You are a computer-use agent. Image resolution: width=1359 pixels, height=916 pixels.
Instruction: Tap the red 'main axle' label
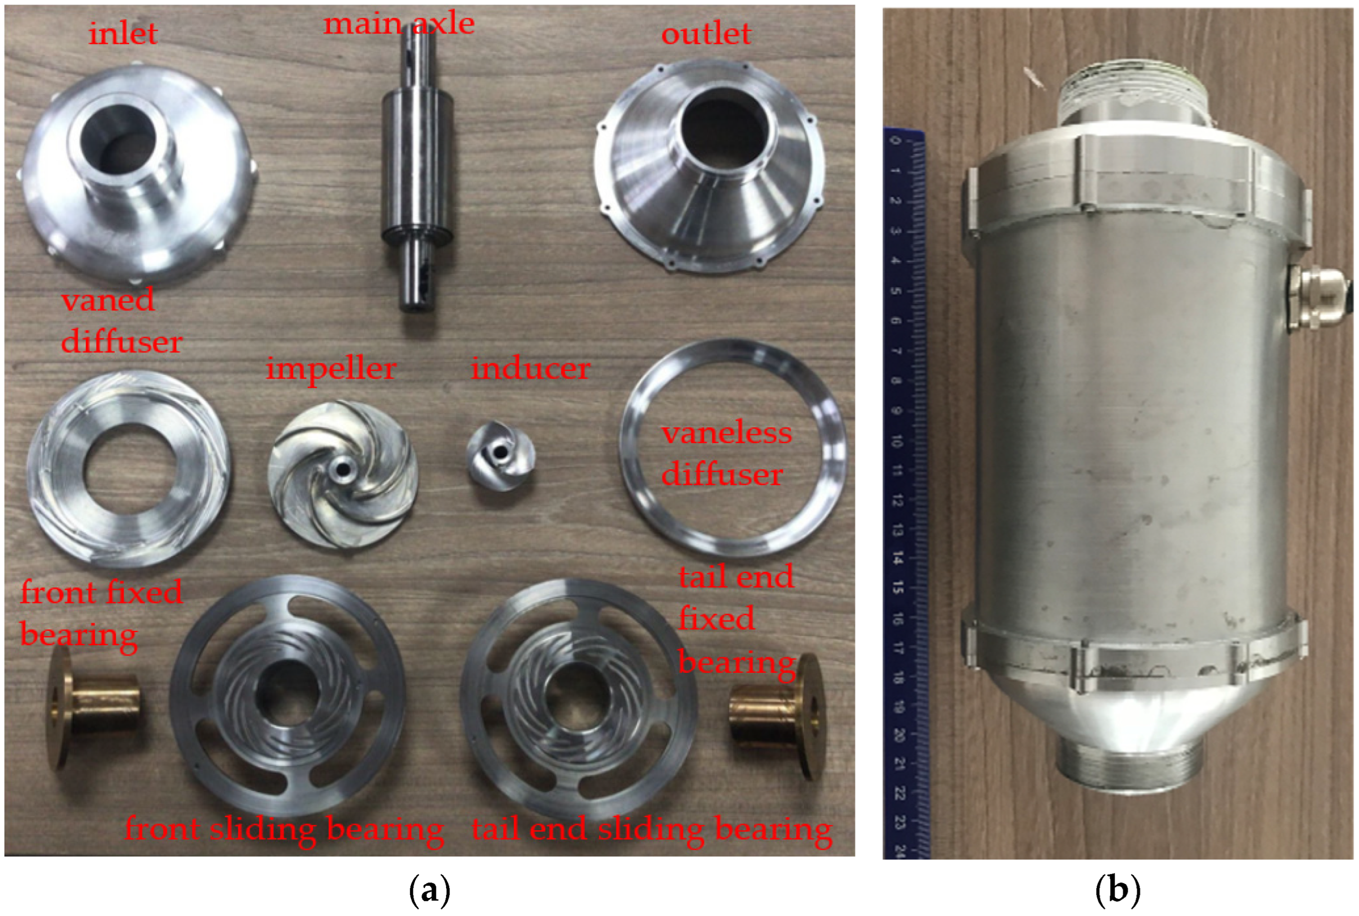coord(399,24)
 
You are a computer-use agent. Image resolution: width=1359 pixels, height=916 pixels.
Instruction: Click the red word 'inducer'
coord(531,369)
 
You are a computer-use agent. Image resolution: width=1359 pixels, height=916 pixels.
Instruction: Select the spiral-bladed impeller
coord(343,474)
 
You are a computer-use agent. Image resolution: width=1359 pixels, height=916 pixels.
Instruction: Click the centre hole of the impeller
coord(341,468)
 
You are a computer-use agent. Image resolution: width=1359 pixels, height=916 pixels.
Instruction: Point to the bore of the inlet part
coord(117,143)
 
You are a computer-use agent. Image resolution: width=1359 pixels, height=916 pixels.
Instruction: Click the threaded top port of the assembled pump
coord(1134,93)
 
